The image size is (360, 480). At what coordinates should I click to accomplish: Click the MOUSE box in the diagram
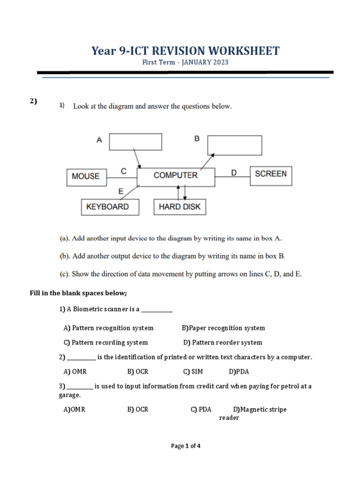(x=86, y=176)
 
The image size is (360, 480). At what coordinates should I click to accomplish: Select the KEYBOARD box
(x=110, y=207)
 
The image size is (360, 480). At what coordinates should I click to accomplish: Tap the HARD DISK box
(x=180, y=207)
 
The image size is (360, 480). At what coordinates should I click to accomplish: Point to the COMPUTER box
(x=176, y=175)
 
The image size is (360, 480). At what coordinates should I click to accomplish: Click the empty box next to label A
(x=135, y=142)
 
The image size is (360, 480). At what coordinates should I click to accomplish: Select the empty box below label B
(x=234, y=145)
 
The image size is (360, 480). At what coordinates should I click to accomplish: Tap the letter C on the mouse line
(x=123, y=172)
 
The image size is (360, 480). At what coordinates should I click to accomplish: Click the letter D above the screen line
(x=234, y=172)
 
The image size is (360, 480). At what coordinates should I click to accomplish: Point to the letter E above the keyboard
(x=121, y=191)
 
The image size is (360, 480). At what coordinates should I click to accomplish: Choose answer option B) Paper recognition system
(x=223, y=328)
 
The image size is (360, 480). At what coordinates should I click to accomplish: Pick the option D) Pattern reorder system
(x=223, y=343)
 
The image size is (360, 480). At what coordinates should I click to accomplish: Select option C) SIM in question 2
(x=193, y=371)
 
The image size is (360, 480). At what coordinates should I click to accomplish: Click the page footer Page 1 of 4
(x=186, y=446)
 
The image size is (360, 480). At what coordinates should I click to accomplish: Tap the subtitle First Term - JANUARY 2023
(x=186, y=62)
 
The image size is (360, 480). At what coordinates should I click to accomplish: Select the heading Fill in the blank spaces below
(x=79, y=293)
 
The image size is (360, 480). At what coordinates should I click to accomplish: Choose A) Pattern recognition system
(x=108, y=328)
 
